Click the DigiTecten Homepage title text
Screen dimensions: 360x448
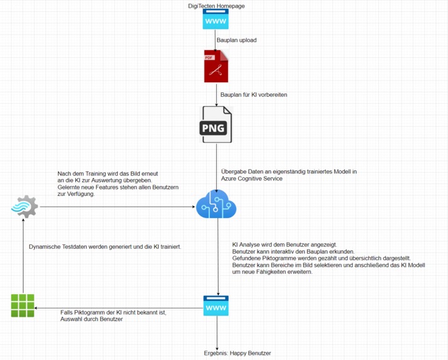tap(216, 6)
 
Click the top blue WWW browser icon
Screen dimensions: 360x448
tap(216, 20)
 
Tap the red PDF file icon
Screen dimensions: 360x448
tap(216, 66)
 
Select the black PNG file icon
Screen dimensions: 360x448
tap(216, 124)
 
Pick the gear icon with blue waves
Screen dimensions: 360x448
tap(25, 206)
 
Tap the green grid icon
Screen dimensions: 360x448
tap(23, 305)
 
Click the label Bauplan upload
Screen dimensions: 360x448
tap(236, 40)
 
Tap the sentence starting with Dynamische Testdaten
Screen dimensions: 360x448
tap(105, 247)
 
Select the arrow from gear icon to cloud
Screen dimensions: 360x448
tap(113, 206)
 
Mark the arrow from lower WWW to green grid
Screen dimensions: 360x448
tap(119, 308)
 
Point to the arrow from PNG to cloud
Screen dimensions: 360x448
tap(216, 166)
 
